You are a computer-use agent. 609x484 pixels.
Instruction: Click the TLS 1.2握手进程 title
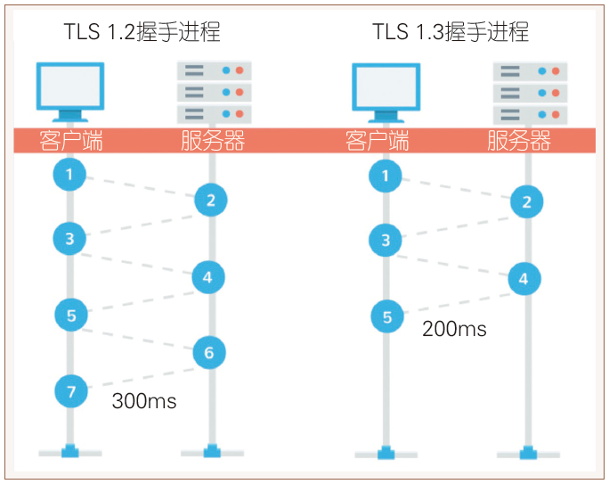142,33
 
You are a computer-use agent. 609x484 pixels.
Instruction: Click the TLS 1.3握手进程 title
451,33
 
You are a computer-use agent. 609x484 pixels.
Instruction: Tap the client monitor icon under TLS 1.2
69,90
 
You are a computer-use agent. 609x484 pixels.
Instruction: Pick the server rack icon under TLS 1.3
530,92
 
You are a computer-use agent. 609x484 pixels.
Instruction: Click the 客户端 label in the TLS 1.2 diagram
71,141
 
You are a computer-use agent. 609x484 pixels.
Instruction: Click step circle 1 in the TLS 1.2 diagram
69,174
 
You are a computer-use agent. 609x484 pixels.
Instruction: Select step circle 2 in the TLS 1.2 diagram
211,200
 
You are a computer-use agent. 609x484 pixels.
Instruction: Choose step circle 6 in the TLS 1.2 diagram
209,353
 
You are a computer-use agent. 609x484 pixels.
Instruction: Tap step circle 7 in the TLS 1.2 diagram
71,390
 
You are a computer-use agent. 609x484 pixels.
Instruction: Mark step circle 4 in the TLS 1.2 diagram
208,277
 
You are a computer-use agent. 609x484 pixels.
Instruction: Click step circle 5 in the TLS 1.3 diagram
386,316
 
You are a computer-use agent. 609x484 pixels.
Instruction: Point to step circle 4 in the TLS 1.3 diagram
524,279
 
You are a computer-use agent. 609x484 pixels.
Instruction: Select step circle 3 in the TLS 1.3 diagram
386,240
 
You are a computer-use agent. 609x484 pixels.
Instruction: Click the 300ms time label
144,401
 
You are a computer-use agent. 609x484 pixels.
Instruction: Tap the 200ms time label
454,329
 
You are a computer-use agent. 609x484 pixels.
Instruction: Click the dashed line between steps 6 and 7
140,378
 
